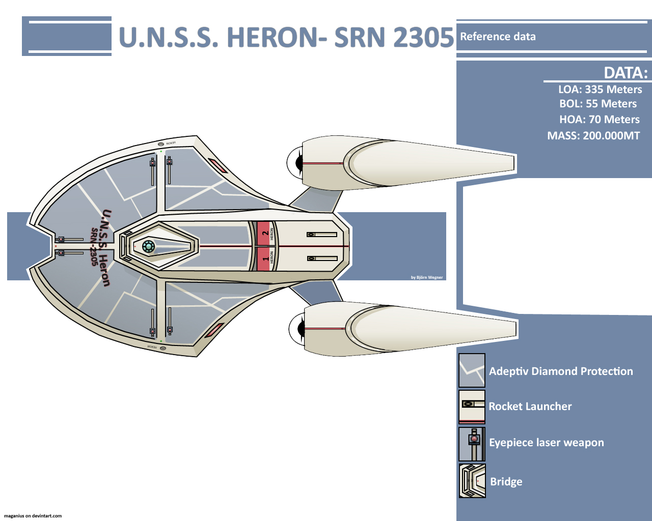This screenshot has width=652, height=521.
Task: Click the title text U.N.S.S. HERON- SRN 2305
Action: tap(286, 37)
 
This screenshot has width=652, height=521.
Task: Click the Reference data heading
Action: tap(498, 37)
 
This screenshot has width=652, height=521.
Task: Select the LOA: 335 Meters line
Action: tap(600, 90)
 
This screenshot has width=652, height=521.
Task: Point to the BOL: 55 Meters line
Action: tap(598, 104)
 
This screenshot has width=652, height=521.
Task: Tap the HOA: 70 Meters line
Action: tap(599, 120)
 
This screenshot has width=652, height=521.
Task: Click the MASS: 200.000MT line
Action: tap(593, 136)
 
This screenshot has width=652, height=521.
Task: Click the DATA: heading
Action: tap(626, 73)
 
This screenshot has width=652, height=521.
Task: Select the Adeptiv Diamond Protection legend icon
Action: tap(472, 370)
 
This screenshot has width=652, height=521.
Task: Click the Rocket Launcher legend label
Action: tap(530, 407)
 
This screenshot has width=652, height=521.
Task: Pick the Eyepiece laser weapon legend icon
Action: tap(472, 444)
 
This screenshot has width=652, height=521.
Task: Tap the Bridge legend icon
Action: tap(472, 481)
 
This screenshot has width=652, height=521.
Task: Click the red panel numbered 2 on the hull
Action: tap(264, 234)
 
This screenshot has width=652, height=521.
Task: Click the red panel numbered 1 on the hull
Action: tap(264, 258)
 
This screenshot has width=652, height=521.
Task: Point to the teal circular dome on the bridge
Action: tap(148, 246)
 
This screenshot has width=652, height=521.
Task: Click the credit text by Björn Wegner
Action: tap(427, 277)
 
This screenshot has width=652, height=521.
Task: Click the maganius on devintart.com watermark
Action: tap(33, 516)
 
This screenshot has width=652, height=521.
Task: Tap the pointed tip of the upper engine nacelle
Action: tap(512, 163)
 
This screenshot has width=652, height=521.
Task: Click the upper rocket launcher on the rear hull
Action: tap(321, 235)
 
